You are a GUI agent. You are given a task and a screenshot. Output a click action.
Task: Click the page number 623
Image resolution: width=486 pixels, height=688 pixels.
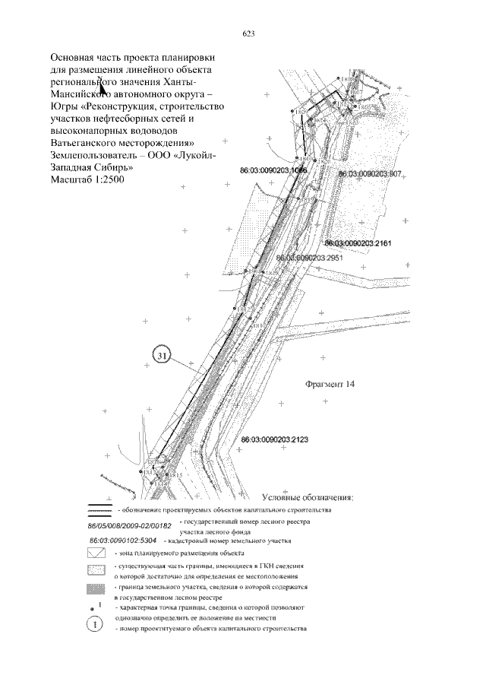pos(248,33)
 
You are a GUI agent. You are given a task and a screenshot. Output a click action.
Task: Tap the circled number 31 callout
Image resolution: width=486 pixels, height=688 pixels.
pos(162,355)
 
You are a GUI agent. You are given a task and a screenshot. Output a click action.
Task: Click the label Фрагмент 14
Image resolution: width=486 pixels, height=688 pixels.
pos(330,384)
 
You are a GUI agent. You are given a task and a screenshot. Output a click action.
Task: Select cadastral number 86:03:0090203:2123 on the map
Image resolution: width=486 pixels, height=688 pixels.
pos(274,439)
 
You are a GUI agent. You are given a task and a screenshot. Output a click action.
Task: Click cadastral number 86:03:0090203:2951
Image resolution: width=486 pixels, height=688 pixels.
pos(311,258)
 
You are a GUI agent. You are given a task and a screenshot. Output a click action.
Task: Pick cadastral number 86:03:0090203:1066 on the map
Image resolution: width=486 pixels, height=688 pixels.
pos(273,170)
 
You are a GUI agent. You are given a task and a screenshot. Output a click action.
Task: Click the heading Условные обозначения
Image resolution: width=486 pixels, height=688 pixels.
pos(307,497)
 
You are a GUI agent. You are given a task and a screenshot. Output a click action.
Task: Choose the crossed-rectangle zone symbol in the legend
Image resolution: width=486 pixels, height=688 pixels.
pos(96,553)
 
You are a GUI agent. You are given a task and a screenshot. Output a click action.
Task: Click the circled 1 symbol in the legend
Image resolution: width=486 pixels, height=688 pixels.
pos(96,624)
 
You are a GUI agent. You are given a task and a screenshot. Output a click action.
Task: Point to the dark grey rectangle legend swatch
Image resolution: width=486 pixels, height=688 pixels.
pos(96,588)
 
